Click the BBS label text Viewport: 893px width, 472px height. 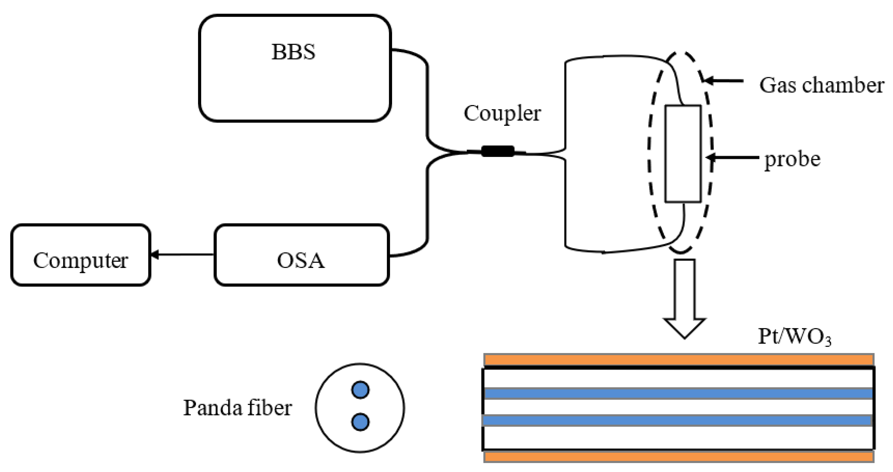(x=293, y=52)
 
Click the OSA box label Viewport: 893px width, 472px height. (x=301, y=261)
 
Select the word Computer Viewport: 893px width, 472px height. (x=80, y=261)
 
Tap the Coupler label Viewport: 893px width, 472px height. (x=502, y=113)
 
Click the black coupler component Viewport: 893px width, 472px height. (x=498, y=151)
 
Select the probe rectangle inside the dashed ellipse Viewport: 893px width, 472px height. (x=683, y=154)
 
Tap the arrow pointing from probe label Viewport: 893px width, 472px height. (x=731, y=158)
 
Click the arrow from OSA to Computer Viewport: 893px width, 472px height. (x=182, y=255)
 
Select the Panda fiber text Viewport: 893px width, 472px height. (x=238, y=408)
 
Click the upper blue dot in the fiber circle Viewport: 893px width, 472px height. (x=360, y=390)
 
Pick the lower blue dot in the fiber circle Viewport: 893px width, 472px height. (x=360, y=422)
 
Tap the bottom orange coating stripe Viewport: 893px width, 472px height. (x=678, y=456)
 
